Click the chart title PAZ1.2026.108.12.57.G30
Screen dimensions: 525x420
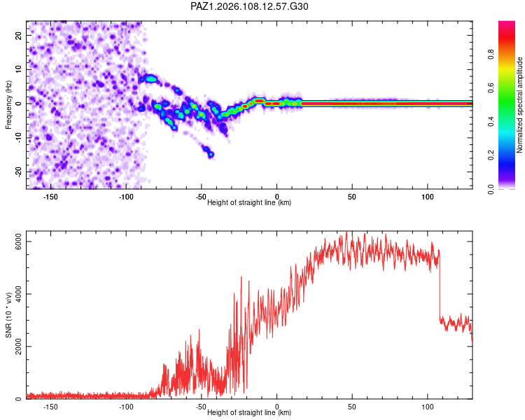[249, 6]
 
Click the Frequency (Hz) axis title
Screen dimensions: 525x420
[8, 105]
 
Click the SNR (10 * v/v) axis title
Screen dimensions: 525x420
[8, 315]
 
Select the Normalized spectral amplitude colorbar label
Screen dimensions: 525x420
[519, 105]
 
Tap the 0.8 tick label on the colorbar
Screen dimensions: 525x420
[491, 54]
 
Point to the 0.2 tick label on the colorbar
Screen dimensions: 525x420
[491, 155]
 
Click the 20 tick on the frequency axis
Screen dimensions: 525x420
[18, 35]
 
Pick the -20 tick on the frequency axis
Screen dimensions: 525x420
[18, 171]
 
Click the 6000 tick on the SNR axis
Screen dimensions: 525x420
[18, 241]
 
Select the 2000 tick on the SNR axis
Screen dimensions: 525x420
[18, 346]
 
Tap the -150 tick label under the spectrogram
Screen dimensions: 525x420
[50, 197]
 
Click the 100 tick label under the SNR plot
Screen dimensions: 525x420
[428, 407]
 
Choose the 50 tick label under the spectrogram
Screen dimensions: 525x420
[352, 197]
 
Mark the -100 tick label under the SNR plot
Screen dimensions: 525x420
[126, 407]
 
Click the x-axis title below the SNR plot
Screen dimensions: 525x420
[249, 412]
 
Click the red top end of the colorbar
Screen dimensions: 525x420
[507, 22]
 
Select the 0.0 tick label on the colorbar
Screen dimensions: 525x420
[491, 189]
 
